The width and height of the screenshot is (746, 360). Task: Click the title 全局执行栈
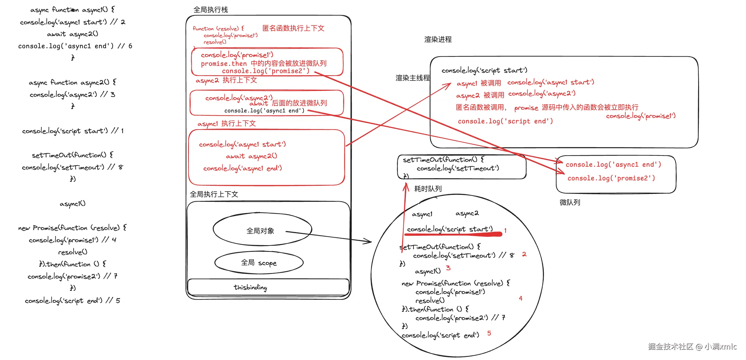coord(211,10)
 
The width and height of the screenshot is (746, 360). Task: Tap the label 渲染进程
coord(438,39)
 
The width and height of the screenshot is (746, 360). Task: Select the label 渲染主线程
coord(413,78)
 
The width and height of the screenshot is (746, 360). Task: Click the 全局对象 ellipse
coord(260,231)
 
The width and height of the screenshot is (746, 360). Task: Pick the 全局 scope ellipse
coord(259,263)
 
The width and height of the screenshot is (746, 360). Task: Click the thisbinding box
coord(250,287)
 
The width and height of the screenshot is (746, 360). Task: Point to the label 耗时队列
coord(428,189)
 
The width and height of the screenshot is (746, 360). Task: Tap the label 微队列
coord(570,202)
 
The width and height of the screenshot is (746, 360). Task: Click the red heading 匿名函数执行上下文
coord(293,28)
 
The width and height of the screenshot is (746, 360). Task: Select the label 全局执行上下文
coord(214,194)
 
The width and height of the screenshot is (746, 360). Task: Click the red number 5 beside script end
coord(489,333)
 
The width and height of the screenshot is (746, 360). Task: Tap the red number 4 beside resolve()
coord(520,298)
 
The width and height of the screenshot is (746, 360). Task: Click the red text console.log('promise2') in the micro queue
coord(611,178)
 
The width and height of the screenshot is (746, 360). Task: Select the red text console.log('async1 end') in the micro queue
coord(613,165)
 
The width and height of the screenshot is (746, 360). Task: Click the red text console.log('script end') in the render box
coord(505,121)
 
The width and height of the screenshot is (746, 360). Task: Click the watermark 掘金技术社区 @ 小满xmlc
coord(692,346)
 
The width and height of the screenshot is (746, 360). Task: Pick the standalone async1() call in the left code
coord(72,204)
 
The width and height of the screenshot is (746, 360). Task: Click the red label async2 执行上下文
coord(226,80)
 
